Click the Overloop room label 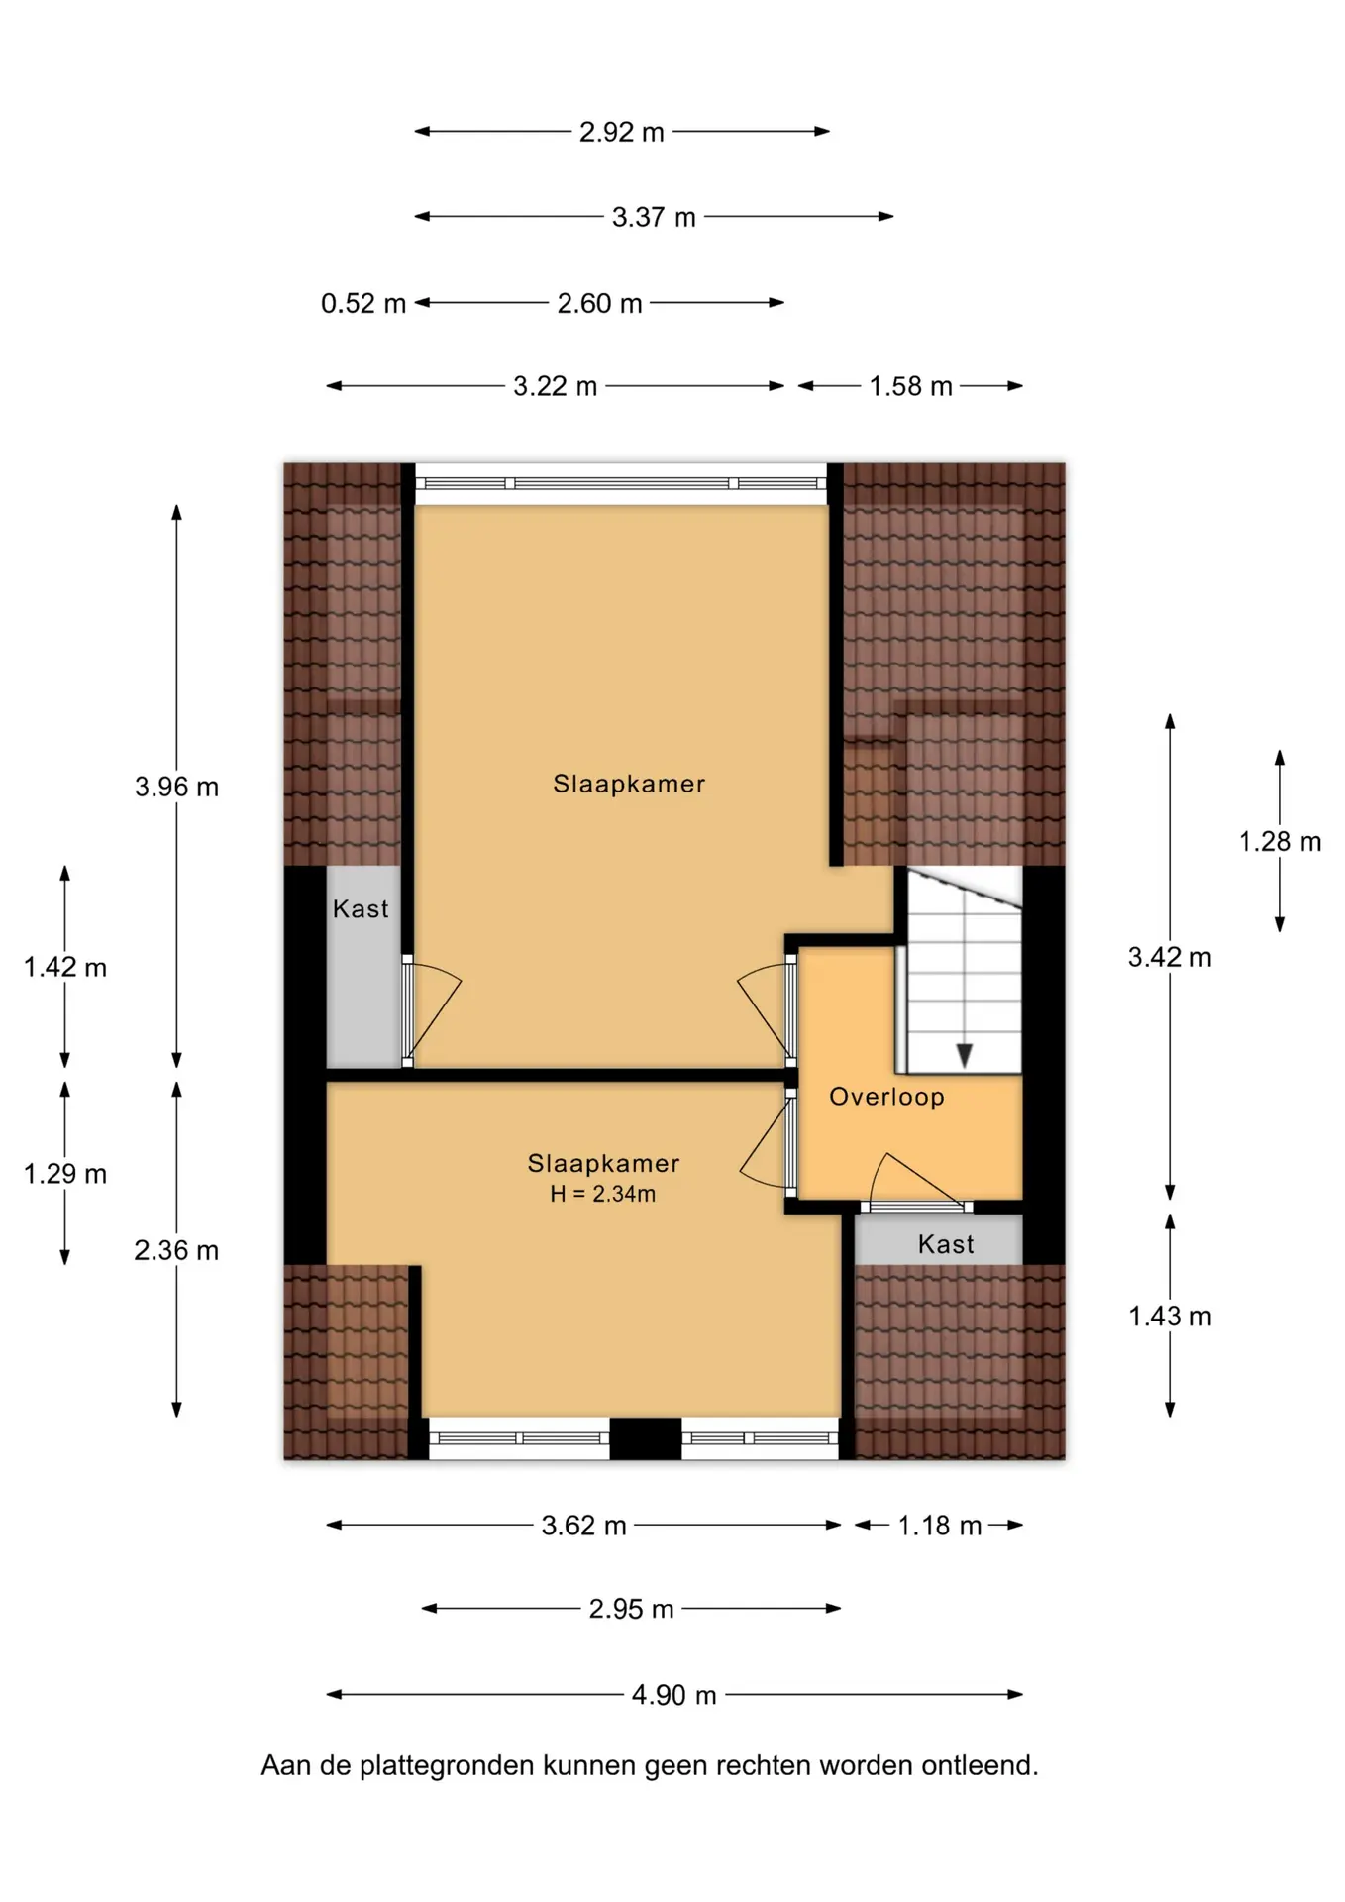[886, 1097]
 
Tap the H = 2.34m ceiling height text [603, 1194]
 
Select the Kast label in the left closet [361, 908]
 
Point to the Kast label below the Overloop [946, 1244]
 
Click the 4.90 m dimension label [674, 1695]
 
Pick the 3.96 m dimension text [176, 787]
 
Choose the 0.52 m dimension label [363, 303]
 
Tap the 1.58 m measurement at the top [911, 386]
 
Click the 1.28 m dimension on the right [1280, 842]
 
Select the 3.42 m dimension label [1170, 957]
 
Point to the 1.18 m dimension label [940, 1526]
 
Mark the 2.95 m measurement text [631, 1609]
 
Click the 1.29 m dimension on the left [65, 1174]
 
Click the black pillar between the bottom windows [645, 1438]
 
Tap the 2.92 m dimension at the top [622, 132]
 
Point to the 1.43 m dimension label [1170, 1317]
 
